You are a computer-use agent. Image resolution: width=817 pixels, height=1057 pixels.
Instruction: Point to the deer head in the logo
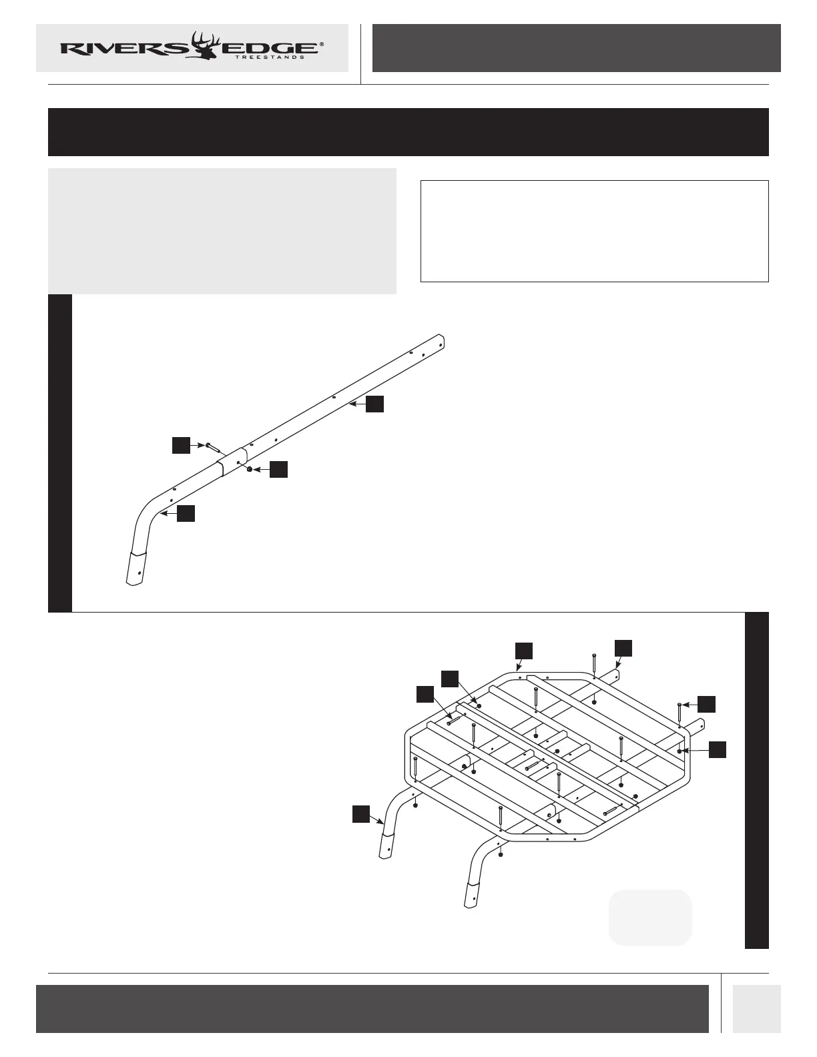(x=205, y=45)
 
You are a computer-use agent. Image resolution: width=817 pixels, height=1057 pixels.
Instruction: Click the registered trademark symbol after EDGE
(x=322, y=44)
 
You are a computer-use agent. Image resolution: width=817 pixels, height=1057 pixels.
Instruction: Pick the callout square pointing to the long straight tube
(x=375, y=404)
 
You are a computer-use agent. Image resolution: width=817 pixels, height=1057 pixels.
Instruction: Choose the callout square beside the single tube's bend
(x=186, y=513)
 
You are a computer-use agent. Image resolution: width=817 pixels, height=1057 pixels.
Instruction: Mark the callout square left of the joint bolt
(x=181, y=446)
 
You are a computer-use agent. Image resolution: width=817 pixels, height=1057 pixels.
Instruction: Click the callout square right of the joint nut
(x=279, y=470)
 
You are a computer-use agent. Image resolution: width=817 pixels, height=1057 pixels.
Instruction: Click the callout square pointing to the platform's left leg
(x=361, y=813)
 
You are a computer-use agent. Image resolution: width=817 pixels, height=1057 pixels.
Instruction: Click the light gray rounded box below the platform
(x=650, y=918)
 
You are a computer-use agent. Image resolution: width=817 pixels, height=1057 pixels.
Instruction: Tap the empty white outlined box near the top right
(x=594, y=231)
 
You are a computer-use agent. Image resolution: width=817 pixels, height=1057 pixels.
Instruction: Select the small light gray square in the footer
(x=756, y=1008)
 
